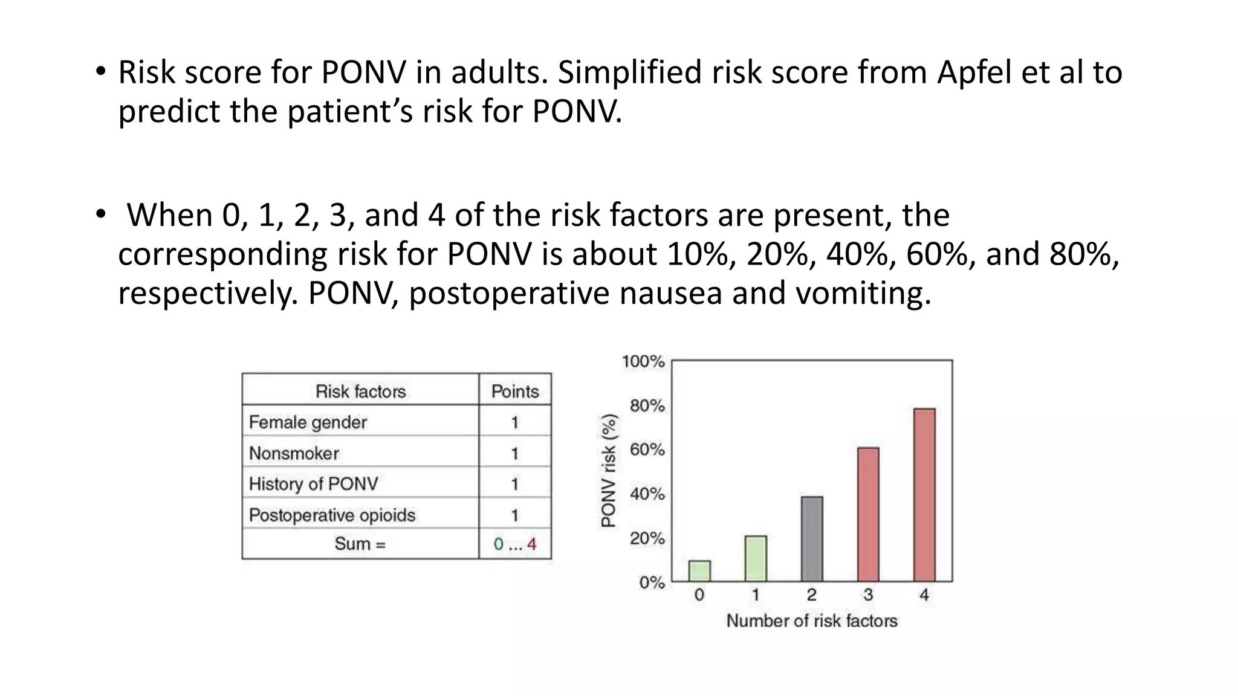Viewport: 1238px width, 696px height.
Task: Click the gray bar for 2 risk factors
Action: click(x=812, y=539)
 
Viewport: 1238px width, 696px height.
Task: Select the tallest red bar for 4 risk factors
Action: click(x=924, y=495)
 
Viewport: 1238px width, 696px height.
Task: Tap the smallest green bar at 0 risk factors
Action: click(x=699, y=572)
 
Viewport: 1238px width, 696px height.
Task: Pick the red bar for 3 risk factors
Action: click(x=868, y=515)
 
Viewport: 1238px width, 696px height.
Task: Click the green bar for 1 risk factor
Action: click(x=756, y=559)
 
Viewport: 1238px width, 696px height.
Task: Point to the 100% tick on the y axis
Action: click(x=643, y=362)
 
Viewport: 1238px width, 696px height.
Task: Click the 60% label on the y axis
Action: click(x=647, y=450)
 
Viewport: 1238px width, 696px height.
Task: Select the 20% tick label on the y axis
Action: click(x=647, y=538)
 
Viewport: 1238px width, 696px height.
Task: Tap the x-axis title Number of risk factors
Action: click(x=811, y=621)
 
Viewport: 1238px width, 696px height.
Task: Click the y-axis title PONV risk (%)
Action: click(x=609, y=470)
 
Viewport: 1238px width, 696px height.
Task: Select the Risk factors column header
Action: click(x=360, y=391)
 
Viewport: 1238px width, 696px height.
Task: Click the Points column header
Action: click(x=514, y=391)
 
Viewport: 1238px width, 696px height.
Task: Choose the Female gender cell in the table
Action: click(x=308, y=422)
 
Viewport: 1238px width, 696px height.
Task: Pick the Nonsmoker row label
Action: click(x=294, y=453)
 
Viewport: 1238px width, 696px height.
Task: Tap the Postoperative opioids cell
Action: click(x=332, y=515)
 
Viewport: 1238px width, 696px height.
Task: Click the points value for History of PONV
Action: click(x=514, y=484)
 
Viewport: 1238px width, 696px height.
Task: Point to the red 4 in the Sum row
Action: click(x=531, y=544)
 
